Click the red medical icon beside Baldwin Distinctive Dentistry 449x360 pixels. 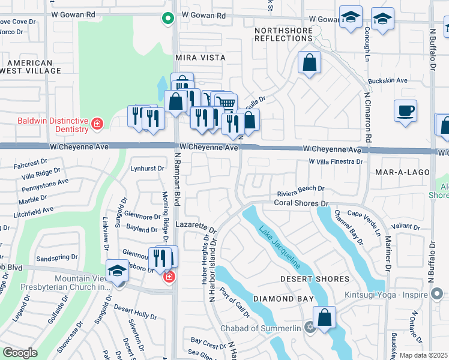pyautogui.click(x=97, y=125)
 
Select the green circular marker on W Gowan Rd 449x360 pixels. pyautogui.click(x=168, y=18)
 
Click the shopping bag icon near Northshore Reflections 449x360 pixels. pyautogui.click(x=309, y=62)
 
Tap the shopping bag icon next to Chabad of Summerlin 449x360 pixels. pyautogui.click(x=324, y=317)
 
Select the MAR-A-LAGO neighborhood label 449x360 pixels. pyautogui.click(x=402, y=172)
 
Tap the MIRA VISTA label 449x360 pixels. pyautogui.click(x=200, y=58)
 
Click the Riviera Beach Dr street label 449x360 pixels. pyautogui.click(x=300, y=194)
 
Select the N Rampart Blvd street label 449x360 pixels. pyautogui.click(x=178, y=179)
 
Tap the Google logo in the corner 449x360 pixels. pyautogui.click(x=20, y=353)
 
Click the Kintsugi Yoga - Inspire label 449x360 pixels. pyautogui.click(x=386, y=295)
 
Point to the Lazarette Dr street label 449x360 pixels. pyautogui.click(x=196, y=226)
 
